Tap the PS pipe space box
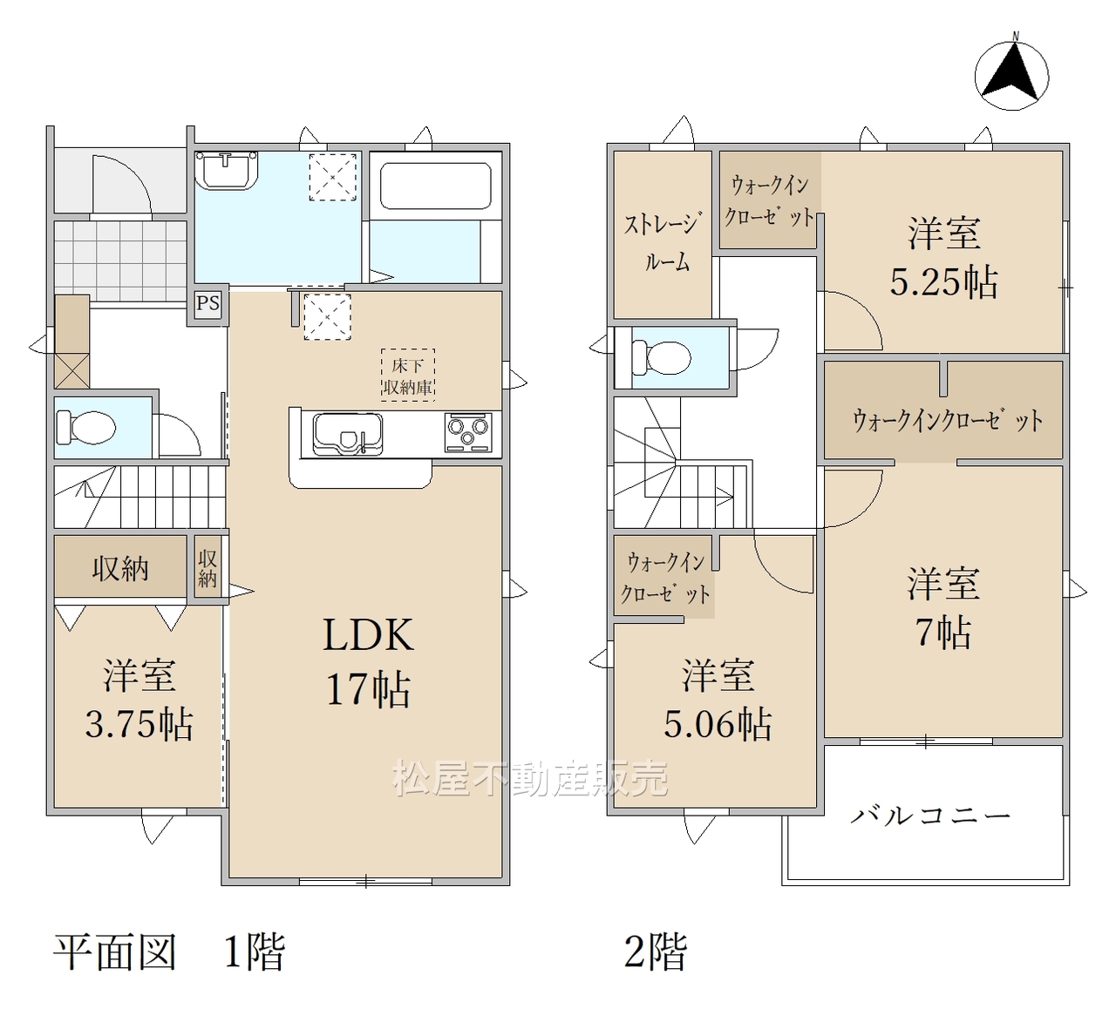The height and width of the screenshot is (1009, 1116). tap(208, 304)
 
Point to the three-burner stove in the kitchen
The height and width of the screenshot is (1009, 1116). tap(468, 432)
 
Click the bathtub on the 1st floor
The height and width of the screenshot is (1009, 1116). tap(435, 186)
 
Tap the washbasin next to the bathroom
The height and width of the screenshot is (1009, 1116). tap(227, 171)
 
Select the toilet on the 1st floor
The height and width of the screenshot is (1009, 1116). tap(86, 428)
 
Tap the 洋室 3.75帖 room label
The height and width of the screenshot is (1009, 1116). tap(139, 700)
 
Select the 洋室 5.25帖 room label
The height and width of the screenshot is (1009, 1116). tap(944, 258)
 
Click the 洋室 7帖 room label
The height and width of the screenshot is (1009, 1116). tap(943, 609)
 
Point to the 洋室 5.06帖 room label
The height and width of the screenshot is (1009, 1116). tap(718, 700)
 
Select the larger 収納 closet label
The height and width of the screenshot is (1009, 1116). tap(120, 569)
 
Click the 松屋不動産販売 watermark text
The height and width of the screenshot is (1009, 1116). tap(529, 778)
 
